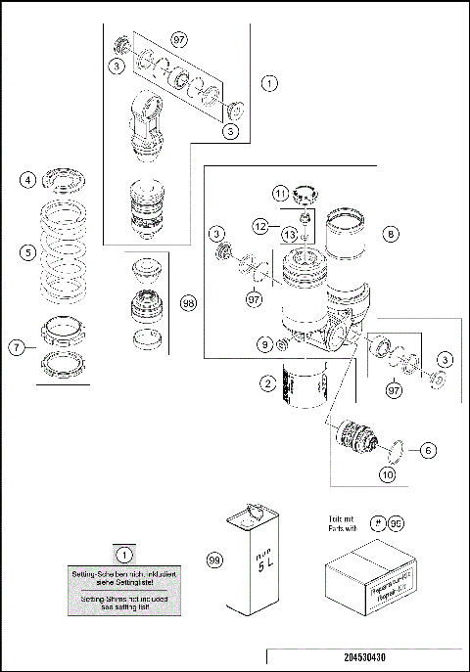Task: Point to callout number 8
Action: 391,235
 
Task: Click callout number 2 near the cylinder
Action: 267,384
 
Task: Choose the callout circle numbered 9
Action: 264,344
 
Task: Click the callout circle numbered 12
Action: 259,226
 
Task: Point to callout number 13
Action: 290,235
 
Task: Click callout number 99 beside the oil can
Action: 213,560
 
